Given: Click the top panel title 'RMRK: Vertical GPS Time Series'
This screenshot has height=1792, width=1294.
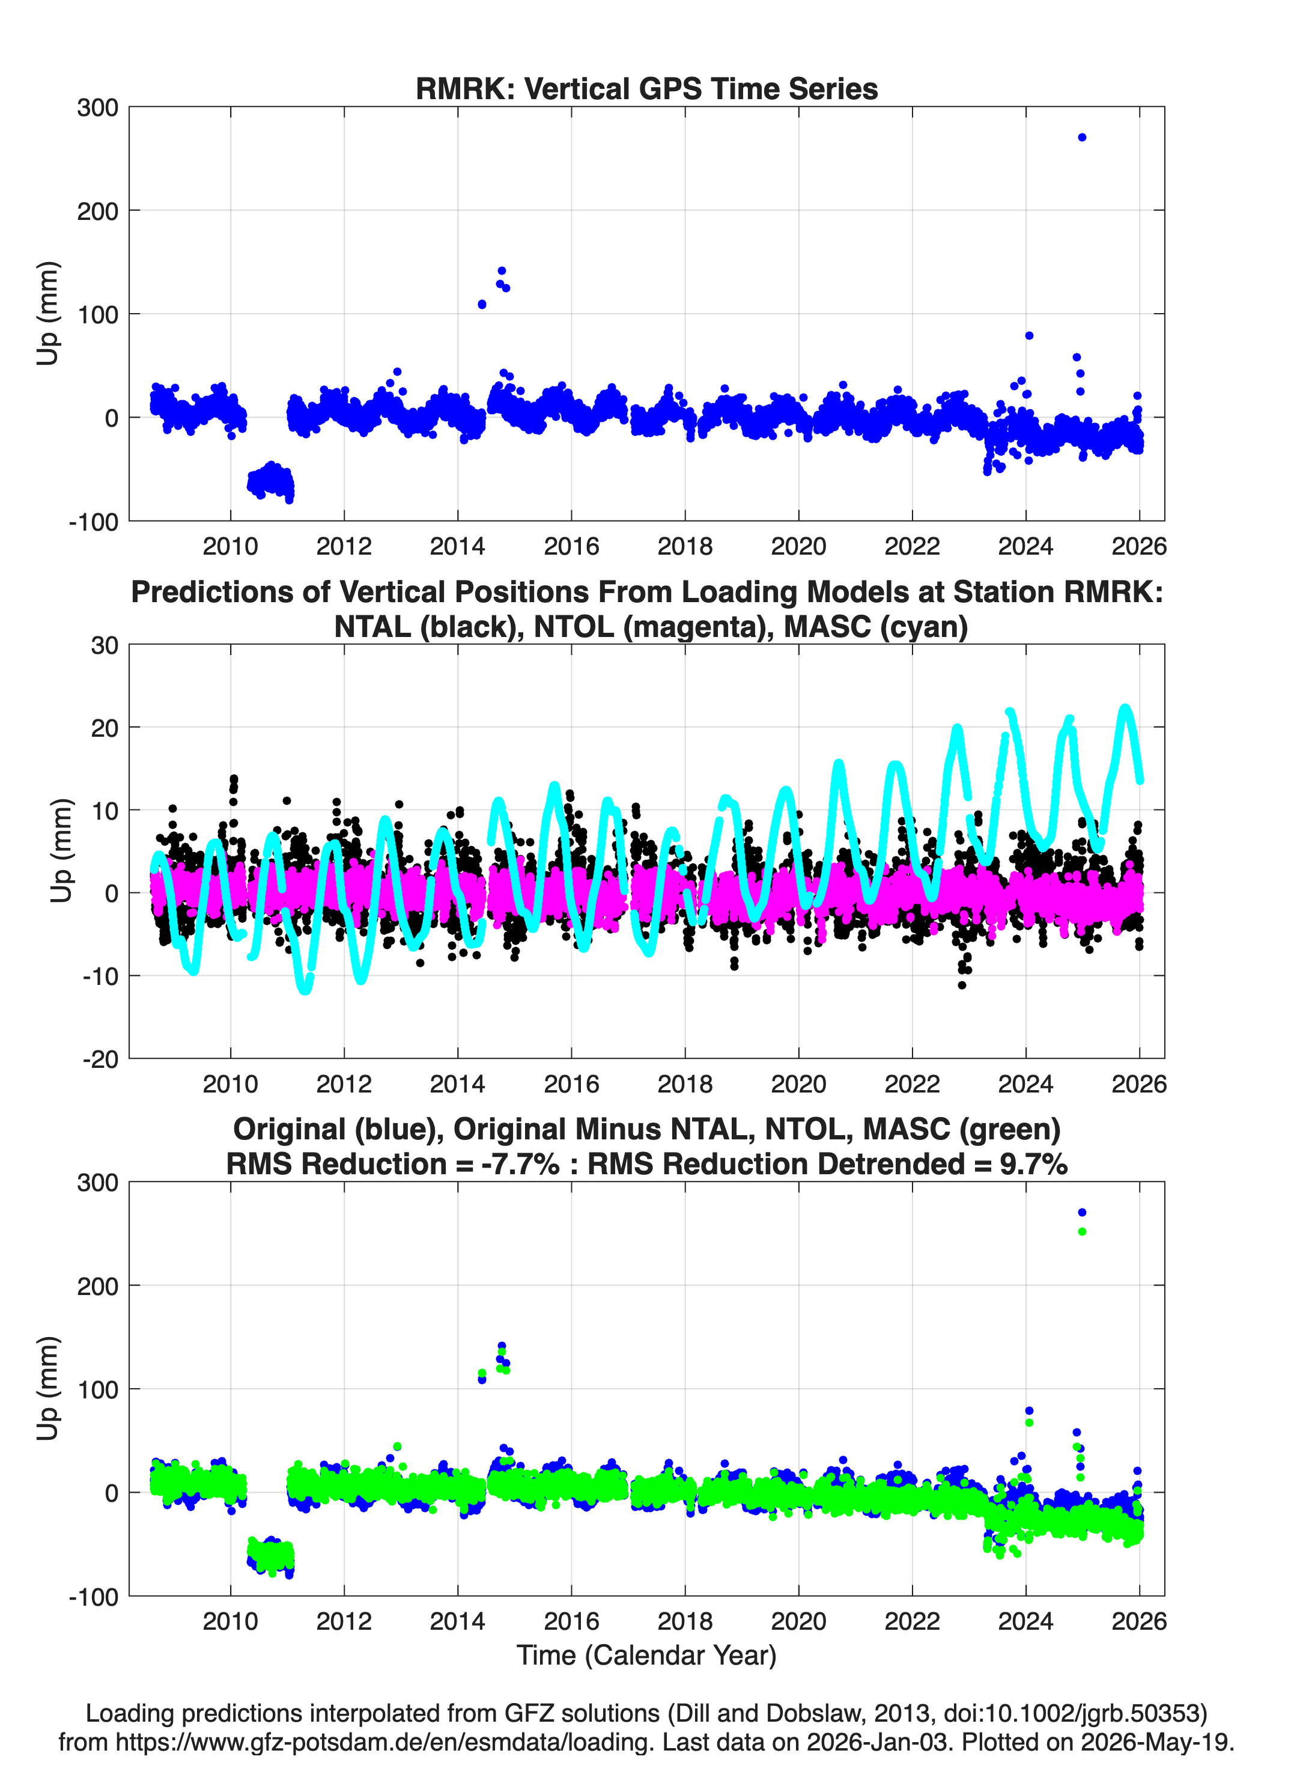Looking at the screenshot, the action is (x=646, y=88).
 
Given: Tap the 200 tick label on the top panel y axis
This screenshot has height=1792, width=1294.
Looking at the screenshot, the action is (x=98, y=211).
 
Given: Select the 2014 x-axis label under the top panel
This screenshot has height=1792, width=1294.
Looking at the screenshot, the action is (x=457, y=546).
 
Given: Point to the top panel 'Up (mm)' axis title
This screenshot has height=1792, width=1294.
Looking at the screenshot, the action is (x=47, y=313).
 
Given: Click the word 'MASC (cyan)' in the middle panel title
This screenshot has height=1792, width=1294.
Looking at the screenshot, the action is (x=876, y=627).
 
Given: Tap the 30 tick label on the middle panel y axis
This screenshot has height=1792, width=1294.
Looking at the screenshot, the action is (x=105, y=645).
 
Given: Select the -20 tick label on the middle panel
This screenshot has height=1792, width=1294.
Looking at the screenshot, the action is (x=100, y=1059).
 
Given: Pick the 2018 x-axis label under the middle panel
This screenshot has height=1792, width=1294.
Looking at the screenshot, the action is (x=685, y=1083).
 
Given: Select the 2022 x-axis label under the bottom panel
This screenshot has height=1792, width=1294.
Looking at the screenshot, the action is (x=913, y=1621).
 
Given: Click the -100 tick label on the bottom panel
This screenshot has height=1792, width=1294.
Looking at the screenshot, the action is (x=94, y=1597).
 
